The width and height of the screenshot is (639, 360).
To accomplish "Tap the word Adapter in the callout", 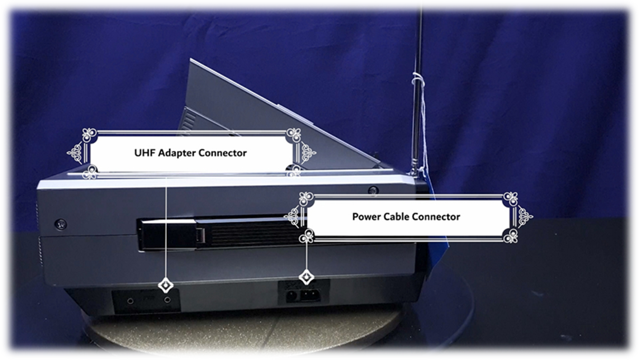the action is [x=176, y=154].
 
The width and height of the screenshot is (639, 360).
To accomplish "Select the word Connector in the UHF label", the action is [x=223, y=153].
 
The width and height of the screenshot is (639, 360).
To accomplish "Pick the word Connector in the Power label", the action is [x=436, y=217].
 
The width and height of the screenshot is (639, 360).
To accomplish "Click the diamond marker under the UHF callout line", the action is [x=166, y=285].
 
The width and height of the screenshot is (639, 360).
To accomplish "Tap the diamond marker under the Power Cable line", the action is [x=306, y=277].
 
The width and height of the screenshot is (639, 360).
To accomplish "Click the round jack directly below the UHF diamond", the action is [x=167, y=300].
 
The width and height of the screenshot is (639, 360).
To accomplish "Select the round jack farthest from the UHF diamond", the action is [x=130, y=301].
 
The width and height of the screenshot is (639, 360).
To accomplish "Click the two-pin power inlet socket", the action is [x=310, y=295].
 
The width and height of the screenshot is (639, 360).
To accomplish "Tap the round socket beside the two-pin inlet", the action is [x=291, y=295].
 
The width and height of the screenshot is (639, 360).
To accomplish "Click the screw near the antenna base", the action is [x=373, y=190].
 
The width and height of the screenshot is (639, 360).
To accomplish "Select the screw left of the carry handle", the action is [x=60, y=224].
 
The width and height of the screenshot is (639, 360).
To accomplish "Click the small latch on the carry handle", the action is [x=200, y=235].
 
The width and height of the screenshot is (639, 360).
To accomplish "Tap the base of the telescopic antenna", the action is [x=414, y=172].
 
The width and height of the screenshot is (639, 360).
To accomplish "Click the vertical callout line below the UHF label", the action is [x=166, y=228].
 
